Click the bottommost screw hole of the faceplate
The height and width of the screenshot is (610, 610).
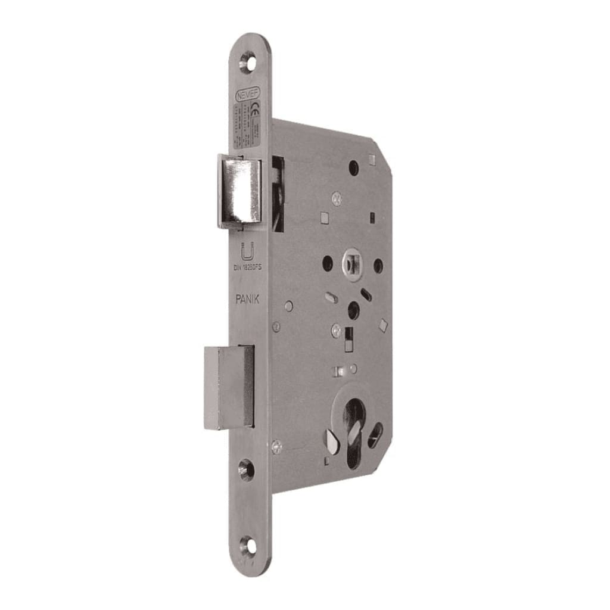point(246,544)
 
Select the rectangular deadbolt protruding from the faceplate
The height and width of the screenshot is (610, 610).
point(229,387)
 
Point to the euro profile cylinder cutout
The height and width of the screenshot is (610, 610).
point(355,420)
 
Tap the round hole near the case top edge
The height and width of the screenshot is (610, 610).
point(354,169)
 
